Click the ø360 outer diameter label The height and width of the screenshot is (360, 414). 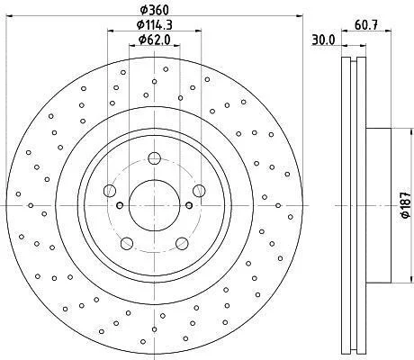(155, 10)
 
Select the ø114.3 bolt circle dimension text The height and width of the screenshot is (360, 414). (155, 24)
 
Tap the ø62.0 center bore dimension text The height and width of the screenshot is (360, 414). (155, 39)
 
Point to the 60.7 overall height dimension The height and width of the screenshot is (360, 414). (366, 25)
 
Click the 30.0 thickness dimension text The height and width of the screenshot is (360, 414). (323, 40)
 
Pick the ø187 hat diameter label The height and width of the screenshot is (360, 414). (406, 205)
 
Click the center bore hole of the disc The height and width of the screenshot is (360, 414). (154, 205)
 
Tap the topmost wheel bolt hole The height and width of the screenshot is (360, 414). (154, 158)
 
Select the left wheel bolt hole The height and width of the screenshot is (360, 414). (110, 191)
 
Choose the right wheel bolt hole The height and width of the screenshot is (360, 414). (199, 191)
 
